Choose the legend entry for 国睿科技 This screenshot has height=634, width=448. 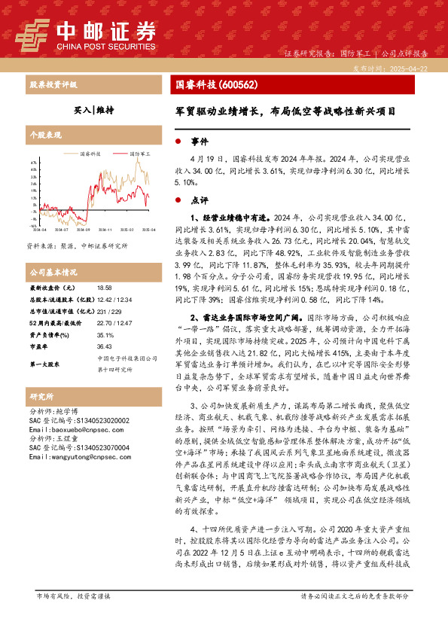point(95,152)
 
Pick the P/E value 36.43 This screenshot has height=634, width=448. point(104,326)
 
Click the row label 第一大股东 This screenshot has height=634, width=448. point(45,343)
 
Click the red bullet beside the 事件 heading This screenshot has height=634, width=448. point(178,141)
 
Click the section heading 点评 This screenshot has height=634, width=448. point(199,200)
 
